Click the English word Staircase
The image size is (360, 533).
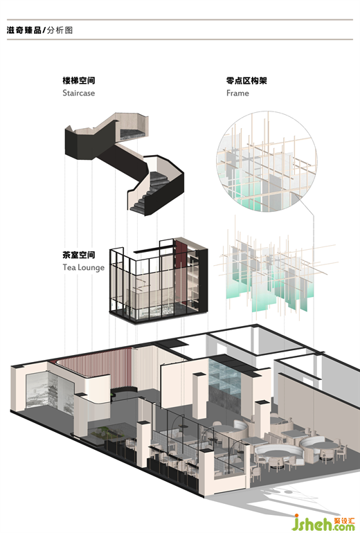coord(78,93)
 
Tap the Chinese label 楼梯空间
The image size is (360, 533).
coord(78,80)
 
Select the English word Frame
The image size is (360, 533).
coord(237,93)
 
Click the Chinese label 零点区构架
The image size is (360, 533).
coord(246,80)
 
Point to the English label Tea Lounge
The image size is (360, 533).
coord(83,267)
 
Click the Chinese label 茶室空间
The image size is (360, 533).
coord(78,255)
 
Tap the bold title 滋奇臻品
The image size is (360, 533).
coord(24,30)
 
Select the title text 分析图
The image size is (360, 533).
coord(60,30)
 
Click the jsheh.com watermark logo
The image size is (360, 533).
coord(324,523)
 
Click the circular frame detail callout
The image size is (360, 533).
coord(267,162)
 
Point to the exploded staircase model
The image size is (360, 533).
coord(124,163)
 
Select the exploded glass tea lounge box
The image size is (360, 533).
coord(159,280)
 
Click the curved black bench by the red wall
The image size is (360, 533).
coord(125,392)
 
